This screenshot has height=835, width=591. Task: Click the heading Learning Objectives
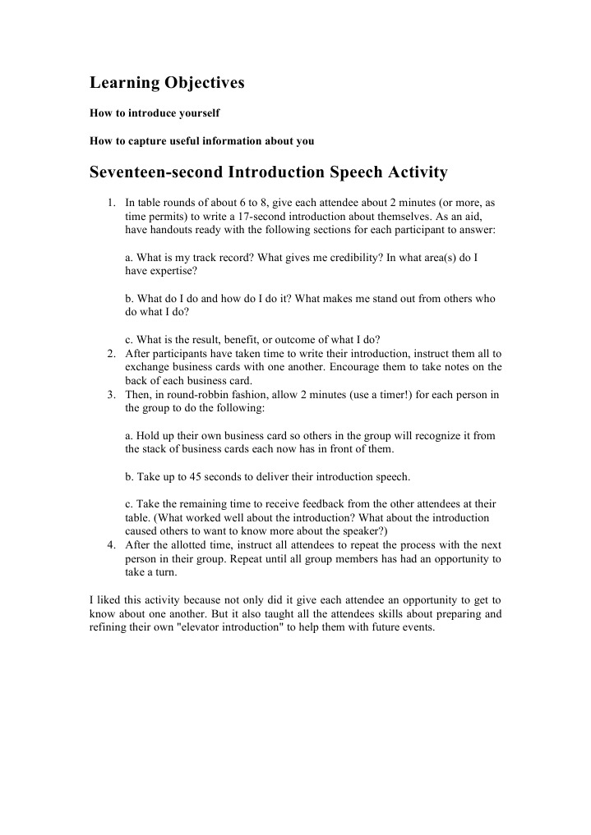[x=167, y=83]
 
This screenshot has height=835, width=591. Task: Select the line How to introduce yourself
[x=155, y=112]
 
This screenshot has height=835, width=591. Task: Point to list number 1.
[x=110, y=202]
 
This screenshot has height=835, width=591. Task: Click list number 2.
[x=110, y=354]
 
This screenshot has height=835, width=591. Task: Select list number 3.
[x=110, y=394]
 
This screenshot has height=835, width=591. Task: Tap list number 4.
[x=110, y=545]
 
